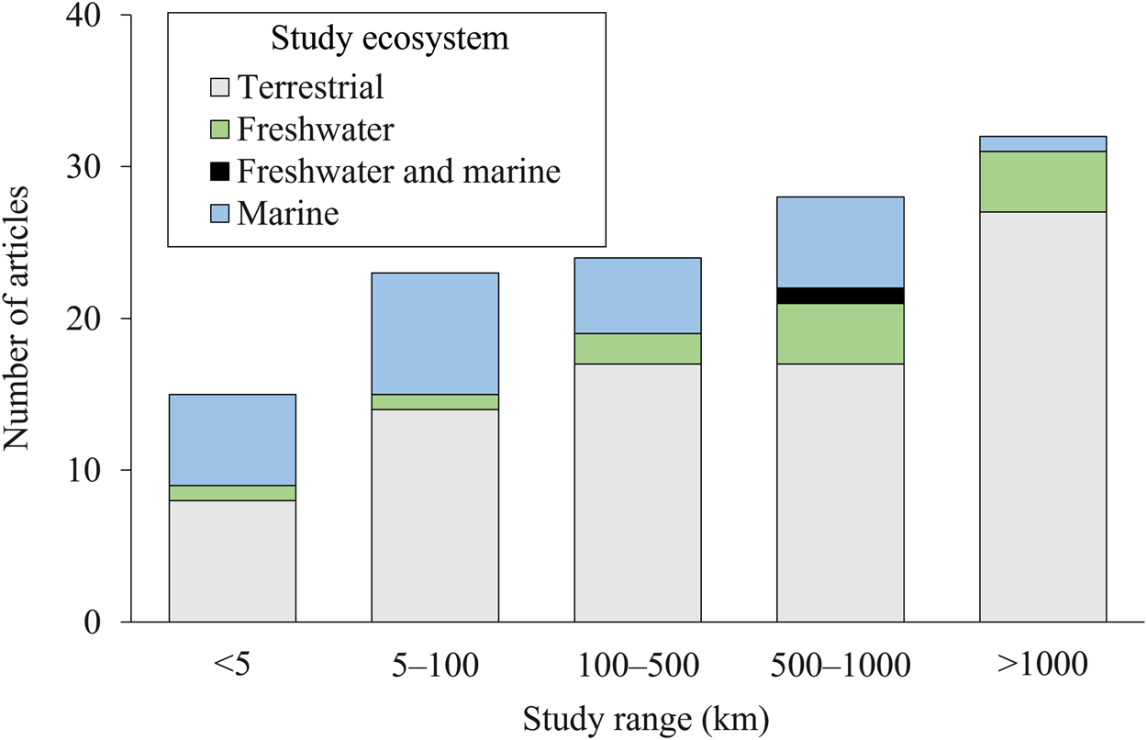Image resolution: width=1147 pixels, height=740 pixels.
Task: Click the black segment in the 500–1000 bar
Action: [x=841, y=296]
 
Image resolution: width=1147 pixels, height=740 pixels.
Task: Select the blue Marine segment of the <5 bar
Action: [x=232, y=440]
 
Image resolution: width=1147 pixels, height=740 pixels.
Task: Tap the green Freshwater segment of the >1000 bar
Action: [x=1042, y=182]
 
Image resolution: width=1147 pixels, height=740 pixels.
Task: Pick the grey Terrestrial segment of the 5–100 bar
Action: [x=435, y=515]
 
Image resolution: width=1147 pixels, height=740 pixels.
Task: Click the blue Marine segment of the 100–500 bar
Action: [x=638, y=296]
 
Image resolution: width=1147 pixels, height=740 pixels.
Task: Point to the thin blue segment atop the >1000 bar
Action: [x=1042, y=144]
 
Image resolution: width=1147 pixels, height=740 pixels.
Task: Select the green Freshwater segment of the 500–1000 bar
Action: [x=841, y=334]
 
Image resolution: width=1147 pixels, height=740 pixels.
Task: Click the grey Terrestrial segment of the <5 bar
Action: [x=232, y=561]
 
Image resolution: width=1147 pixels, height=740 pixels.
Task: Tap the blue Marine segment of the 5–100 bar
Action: [x=435, y=334]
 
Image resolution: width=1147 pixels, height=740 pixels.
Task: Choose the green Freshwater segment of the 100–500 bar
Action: [x=638, y=349]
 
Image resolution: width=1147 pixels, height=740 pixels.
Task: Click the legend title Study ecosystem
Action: [x=389, y=39]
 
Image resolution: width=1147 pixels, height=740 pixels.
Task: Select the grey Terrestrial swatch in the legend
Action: [x=220, y=88]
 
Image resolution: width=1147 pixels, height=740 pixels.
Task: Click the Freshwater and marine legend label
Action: [x=398, y=172]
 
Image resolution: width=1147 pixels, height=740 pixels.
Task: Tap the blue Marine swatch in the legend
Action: [x=220, y=215]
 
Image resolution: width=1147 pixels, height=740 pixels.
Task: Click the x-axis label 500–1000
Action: [x=841, y=665]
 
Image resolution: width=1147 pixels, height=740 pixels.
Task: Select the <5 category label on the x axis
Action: [x=232, y=665]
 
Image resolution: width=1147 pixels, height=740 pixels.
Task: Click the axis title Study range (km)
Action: [x=646, y=719]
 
